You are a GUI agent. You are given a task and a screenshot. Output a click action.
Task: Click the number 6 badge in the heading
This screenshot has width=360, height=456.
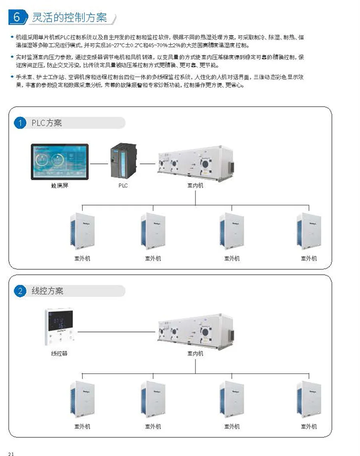(x=17, y=17)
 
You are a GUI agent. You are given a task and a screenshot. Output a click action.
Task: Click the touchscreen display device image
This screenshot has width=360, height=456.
(x=60, y=161)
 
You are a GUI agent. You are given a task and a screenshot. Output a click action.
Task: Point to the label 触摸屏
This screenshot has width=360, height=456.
(x=60, y=185)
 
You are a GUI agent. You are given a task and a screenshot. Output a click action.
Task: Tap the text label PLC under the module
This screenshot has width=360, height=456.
(x=123, y=185)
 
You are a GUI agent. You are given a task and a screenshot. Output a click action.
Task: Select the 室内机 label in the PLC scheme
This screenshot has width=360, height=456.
(x=195, y=185)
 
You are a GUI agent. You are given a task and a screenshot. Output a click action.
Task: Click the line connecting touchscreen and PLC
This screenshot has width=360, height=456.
(x=99, y=163)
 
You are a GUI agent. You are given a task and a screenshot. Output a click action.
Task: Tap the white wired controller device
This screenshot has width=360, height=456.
(x=59, y=327)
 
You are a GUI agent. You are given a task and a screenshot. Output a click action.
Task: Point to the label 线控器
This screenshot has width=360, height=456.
(x=59, y=353)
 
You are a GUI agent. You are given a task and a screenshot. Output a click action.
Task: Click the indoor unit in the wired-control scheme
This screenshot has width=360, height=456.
(x=195, y=330)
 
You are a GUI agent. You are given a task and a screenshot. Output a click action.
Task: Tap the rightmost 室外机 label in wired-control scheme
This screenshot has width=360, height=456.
(x=309, y=426)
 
